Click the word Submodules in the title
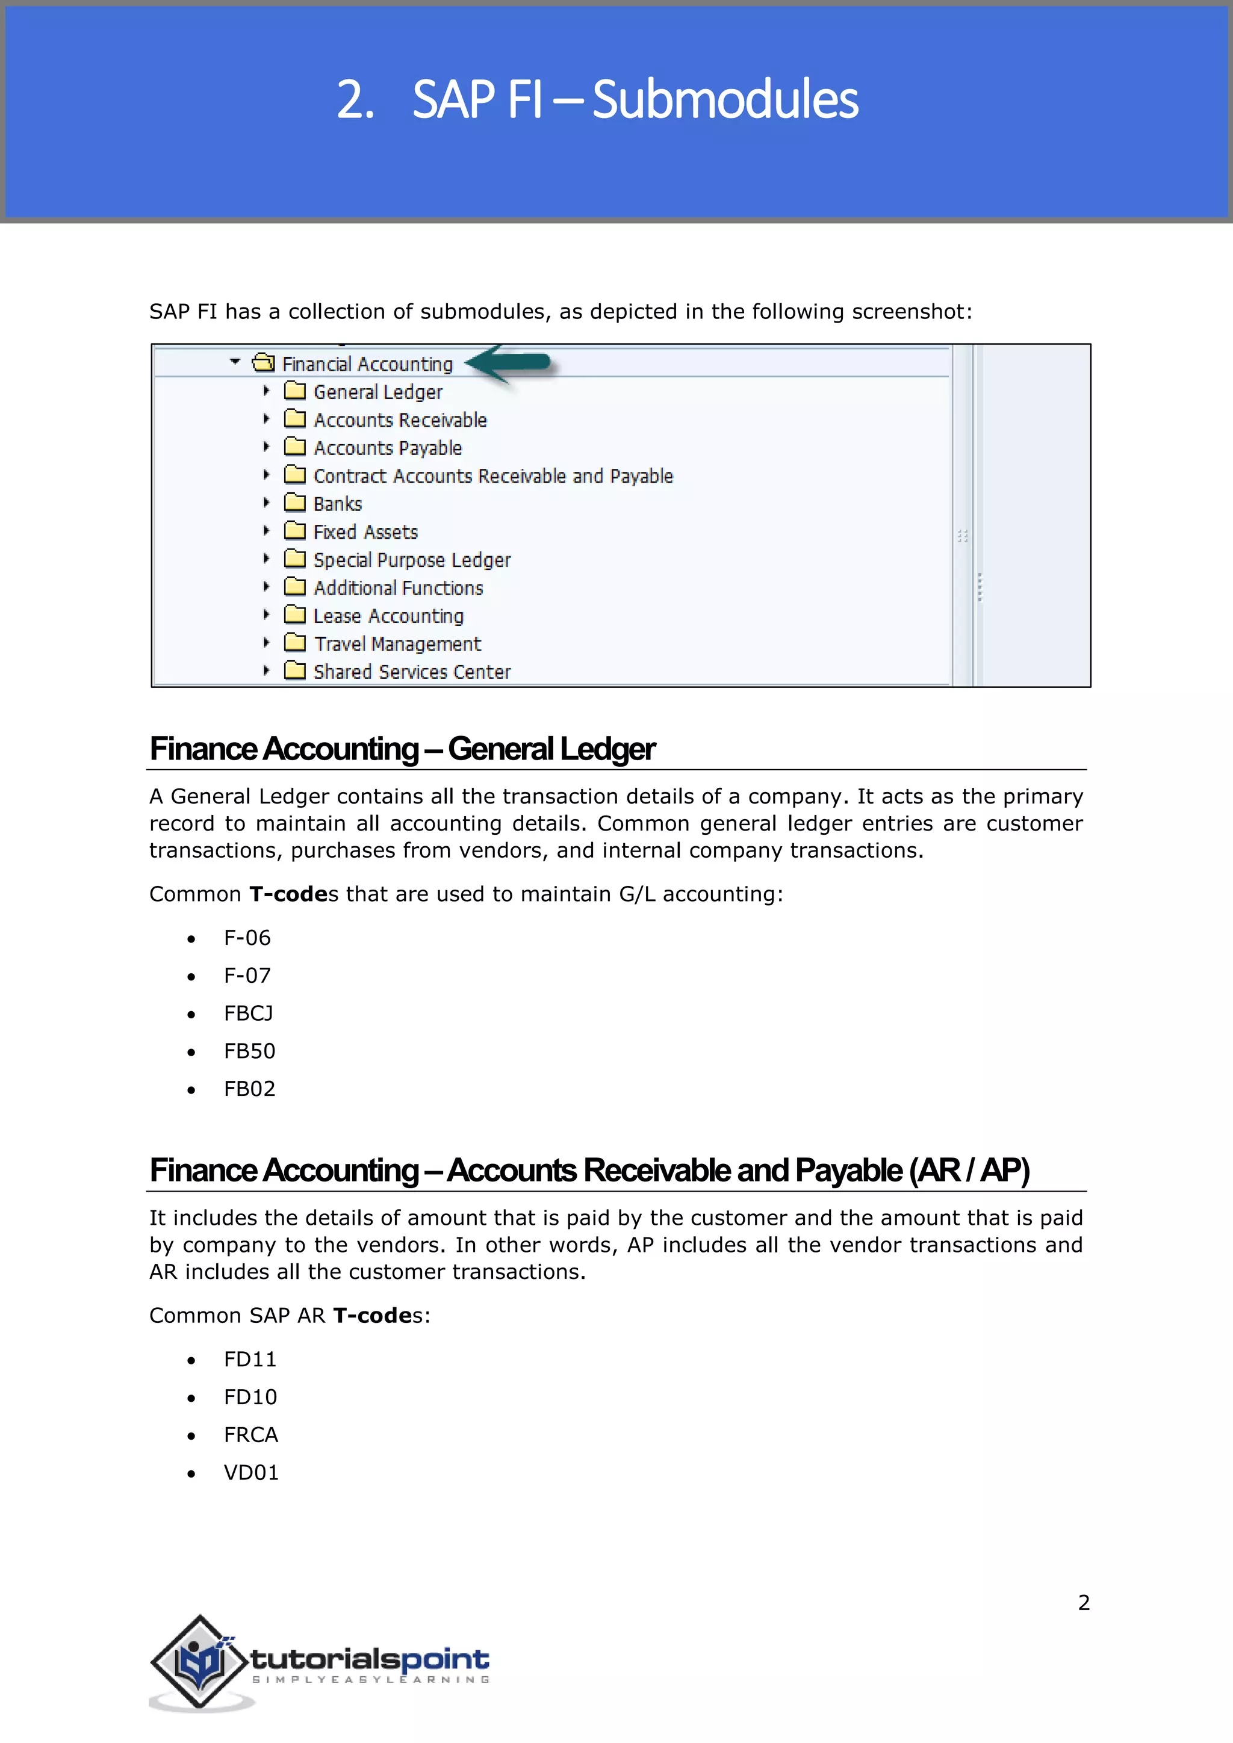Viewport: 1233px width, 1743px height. point(724,100)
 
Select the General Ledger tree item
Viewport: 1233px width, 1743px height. point(377,392)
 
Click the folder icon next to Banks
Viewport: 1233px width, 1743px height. point(294,503)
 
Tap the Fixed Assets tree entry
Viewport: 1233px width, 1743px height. point(365,532)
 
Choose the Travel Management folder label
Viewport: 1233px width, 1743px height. point(397,645)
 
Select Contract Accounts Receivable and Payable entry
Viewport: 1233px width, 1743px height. point(492,476)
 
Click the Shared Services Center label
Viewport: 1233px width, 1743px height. point(412,673)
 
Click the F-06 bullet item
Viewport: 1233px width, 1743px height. point(247,938)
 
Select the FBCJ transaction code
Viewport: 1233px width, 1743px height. point(248,1014)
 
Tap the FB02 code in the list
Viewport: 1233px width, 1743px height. point(249,1089)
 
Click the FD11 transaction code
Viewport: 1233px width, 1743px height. point(250,1360)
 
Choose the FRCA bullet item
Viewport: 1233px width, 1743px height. point(250,1435)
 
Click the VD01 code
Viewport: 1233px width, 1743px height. point(251,1473)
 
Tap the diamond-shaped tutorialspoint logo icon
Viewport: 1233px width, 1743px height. point(200,1661)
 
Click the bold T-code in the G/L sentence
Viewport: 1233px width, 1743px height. point(288,894)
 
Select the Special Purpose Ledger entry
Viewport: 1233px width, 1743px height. point(412,560)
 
